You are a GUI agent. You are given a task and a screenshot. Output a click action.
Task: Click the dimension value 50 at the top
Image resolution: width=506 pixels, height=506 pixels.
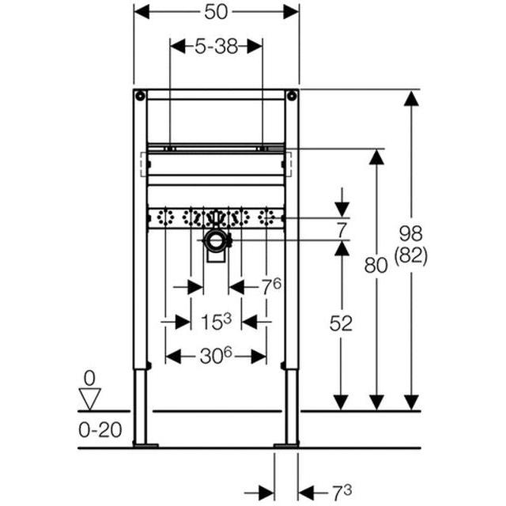(x=216, y=11)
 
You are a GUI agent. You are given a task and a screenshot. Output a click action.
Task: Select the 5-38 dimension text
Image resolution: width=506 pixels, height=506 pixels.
(x=216, y=46)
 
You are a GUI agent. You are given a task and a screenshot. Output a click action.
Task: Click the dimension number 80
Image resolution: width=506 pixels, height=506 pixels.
(x=376, y=265)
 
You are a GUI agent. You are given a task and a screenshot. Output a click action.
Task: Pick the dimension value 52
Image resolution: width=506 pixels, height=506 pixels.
(x=341, y=323)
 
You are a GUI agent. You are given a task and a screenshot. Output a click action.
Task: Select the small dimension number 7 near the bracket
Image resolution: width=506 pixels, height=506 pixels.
(x=341, y=230)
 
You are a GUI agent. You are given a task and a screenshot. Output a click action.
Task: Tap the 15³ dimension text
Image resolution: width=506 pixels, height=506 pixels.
(x=215, y=321)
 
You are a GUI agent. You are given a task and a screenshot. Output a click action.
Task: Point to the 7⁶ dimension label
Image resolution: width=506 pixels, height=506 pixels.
(x=272, y=286)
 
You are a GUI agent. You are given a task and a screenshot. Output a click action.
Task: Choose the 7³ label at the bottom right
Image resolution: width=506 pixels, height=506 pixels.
(x=342, y=493)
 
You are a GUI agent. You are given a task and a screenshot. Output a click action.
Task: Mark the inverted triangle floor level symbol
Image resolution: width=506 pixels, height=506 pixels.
(x=90, y=398)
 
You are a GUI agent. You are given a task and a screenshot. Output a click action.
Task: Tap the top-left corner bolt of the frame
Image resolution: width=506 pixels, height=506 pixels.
(x=140, y=96)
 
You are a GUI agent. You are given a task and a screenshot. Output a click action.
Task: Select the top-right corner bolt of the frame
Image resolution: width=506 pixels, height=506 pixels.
(x=292, y=96)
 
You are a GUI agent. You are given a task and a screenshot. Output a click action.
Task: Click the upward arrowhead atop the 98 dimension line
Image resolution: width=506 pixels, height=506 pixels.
(x=410, y=98)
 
